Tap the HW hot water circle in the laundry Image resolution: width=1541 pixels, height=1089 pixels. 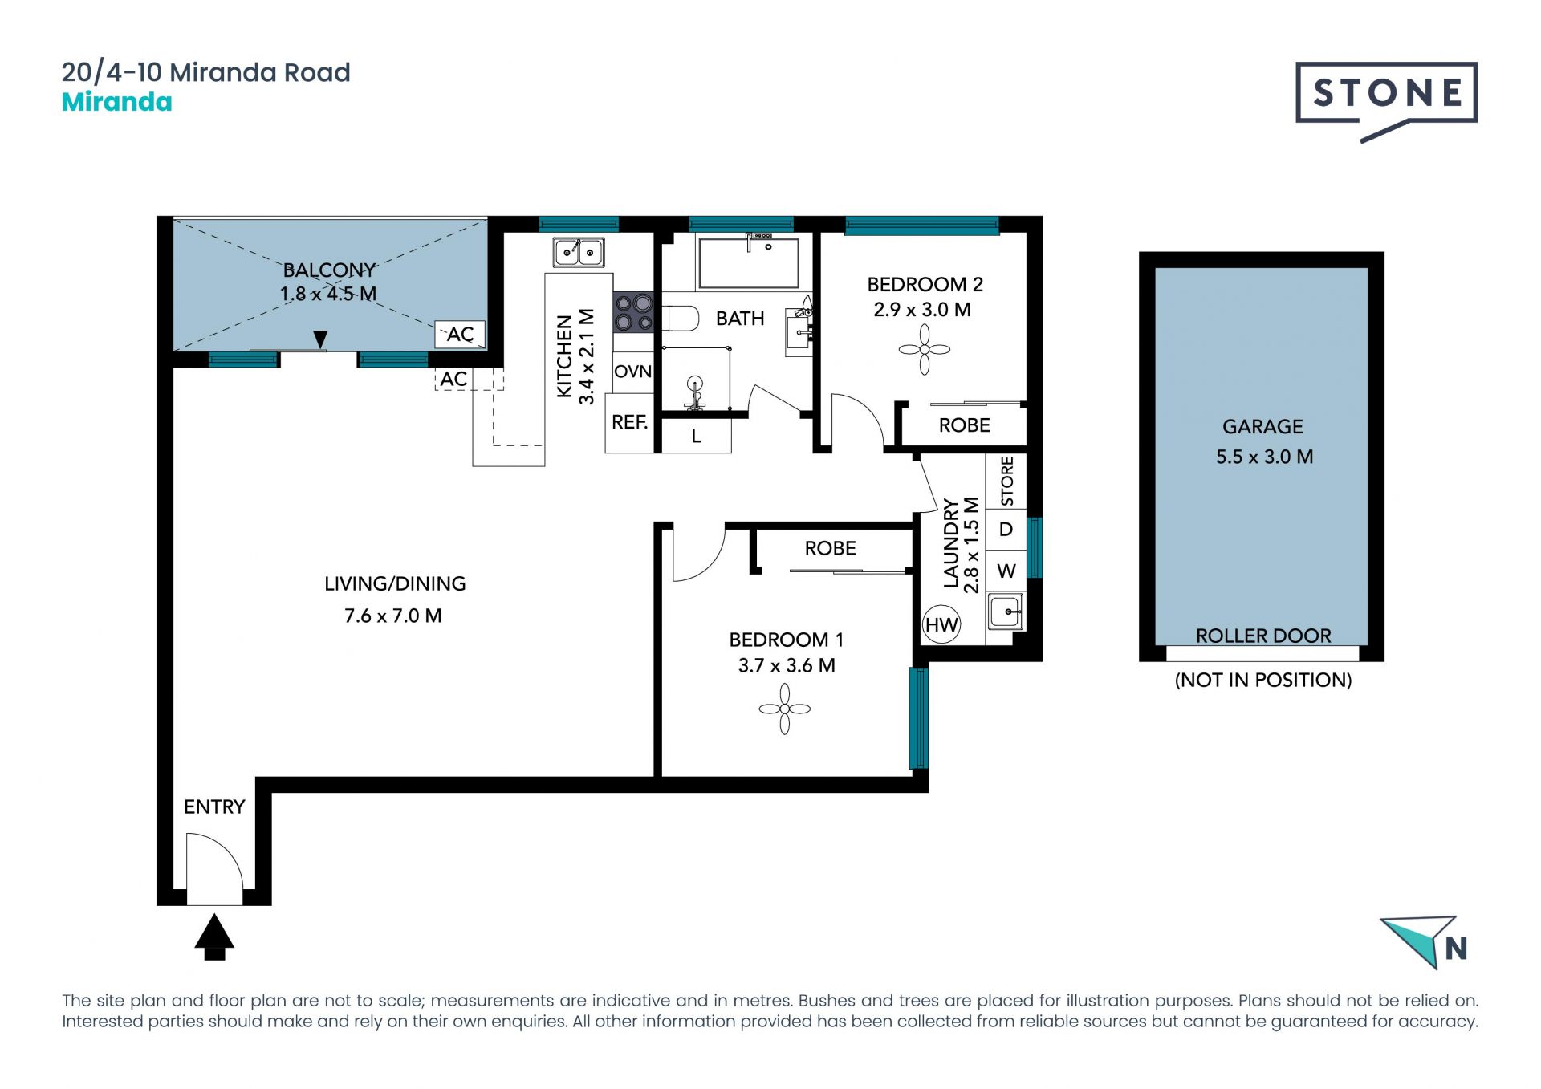941,624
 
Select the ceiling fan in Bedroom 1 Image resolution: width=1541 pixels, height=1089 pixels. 784,709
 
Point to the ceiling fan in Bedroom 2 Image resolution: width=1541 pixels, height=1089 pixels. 924,349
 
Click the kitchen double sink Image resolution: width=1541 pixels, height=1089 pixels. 579,252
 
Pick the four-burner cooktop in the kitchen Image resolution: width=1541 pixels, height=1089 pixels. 633,312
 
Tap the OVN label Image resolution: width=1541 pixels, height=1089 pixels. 633,372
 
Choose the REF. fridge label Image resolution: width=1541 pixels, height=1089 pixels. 630,422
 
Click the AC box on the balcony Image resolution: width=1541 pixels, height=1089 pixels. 460,334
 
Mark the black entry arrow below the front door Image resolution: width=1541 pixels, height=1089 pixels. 214,937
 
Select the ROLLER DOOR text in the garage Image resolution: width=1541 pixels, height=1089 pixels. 1263,636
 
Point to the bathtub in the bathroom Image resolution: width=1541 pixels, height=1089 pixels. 748,262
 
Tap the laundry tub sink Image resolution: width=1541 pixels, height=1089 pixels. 1005,612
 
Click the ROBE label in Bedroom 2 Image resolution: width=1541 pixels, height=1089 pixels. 965,425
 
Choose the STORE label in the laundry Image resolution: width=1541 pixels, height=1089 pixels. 1007,481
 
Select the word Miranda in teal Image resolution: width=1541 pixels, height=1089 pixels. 117,102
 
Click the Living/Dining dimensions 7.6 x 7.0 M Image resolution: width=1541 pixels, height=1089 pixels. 393,616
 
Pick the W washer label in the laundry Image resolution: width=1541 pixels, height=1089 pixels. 1006,571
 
